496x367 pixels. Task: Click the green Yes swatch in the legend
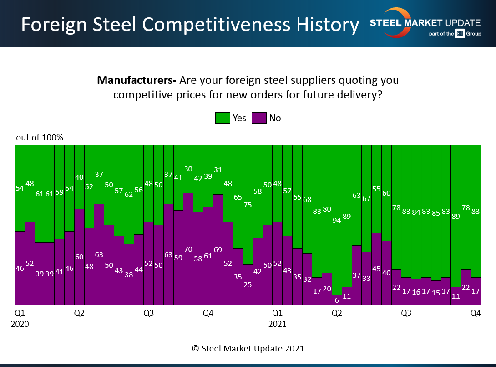223,118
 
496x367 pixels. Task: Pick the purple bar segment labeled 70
188,248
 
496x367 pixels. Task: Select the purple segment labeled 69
218,249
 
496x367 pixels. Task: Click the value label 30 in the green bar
188,169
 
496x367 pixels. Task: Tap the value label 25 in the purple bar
248,285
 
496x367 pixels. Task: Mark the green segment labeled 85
436,212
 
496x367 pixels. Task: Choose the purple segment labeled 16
416,292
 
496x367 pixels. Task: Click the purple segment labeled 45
376,269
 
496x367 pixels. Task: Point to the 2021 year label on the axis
277,325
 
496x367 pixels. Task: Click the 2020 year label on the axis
20,325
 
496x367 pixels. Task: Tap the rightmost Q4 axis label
476,313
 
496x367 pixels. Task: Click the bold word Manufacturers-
137,81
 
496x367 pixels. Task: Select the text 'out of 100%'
40,137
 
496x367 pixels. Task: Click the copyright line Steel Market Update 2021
248,348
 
